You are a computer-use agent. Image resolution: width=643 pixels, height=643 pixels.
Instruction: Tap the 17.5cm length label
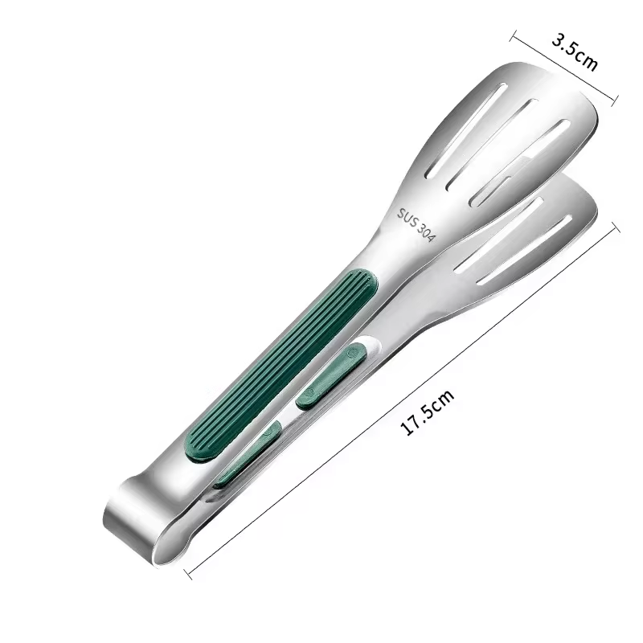coord(428,412)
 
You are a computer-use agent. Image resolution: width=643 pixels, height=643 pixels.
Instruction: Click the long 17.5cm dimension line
coord(402,399)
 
